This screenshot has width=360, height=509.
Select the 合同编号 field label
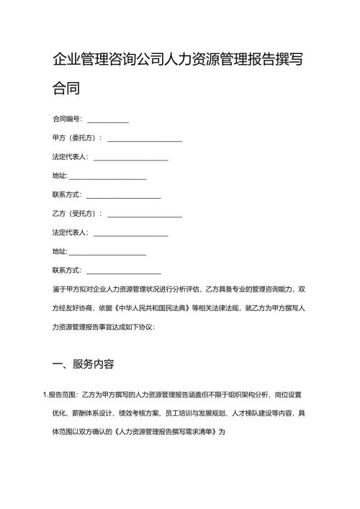tap(67, 118)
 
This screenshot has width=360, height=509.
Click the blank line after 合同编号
tap(107, 120)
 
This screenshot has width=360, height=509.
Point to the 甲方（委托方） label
tap(76, 138)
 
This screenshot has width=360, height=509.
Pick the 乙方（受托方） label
tap(76, 214)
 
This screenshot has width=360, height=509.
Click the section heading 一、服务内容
tap(84, 364)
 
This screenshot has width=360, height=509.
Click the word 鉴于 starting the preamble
tap(59, 289)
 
